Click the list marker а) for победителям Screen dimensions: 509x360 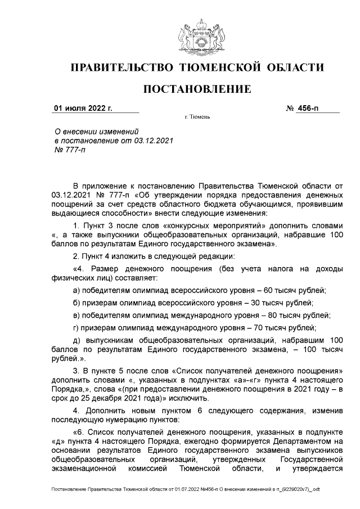[x=78, y=290]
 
